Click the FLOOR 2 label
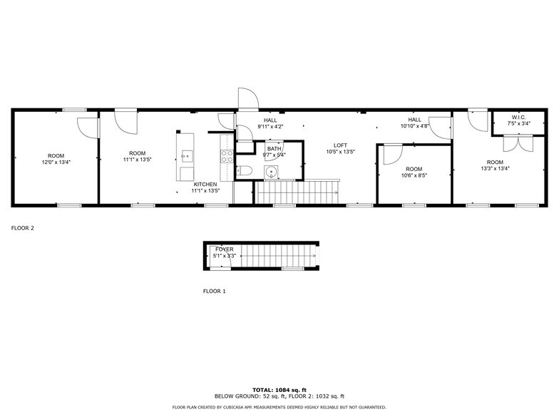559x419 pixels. pos(23,229)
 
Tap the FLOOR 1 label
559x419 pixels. pos(215,291)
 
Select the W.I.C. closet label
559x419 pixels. pos(518,117)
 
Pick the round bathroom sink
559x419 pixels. pos(272,171)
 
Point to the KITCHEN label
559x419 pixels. pos(205,184)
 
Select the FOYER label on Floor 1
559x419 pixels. pos(225,249)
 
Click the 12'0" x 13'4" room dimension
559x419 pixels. pos(56,162)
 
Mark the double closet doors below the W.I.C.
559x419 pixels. pos(518,142)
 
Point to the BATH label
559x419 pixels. pos(274,148)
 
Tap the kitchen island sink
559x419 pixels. pos(186,155)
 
